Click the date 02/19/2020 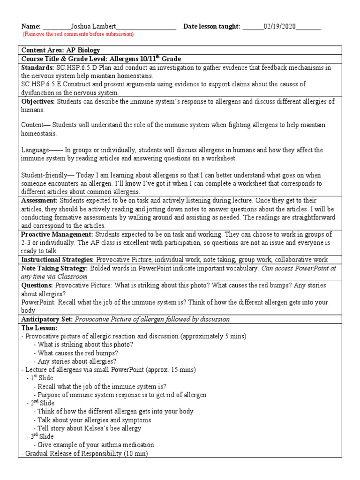tap(279, 26)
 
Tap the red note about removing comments tap(78, 34)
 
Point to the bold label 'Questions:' tap(37, 285)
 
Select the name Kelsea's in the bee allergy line tap(93, 428)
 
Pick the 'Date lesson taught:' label tap(211, 26)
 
